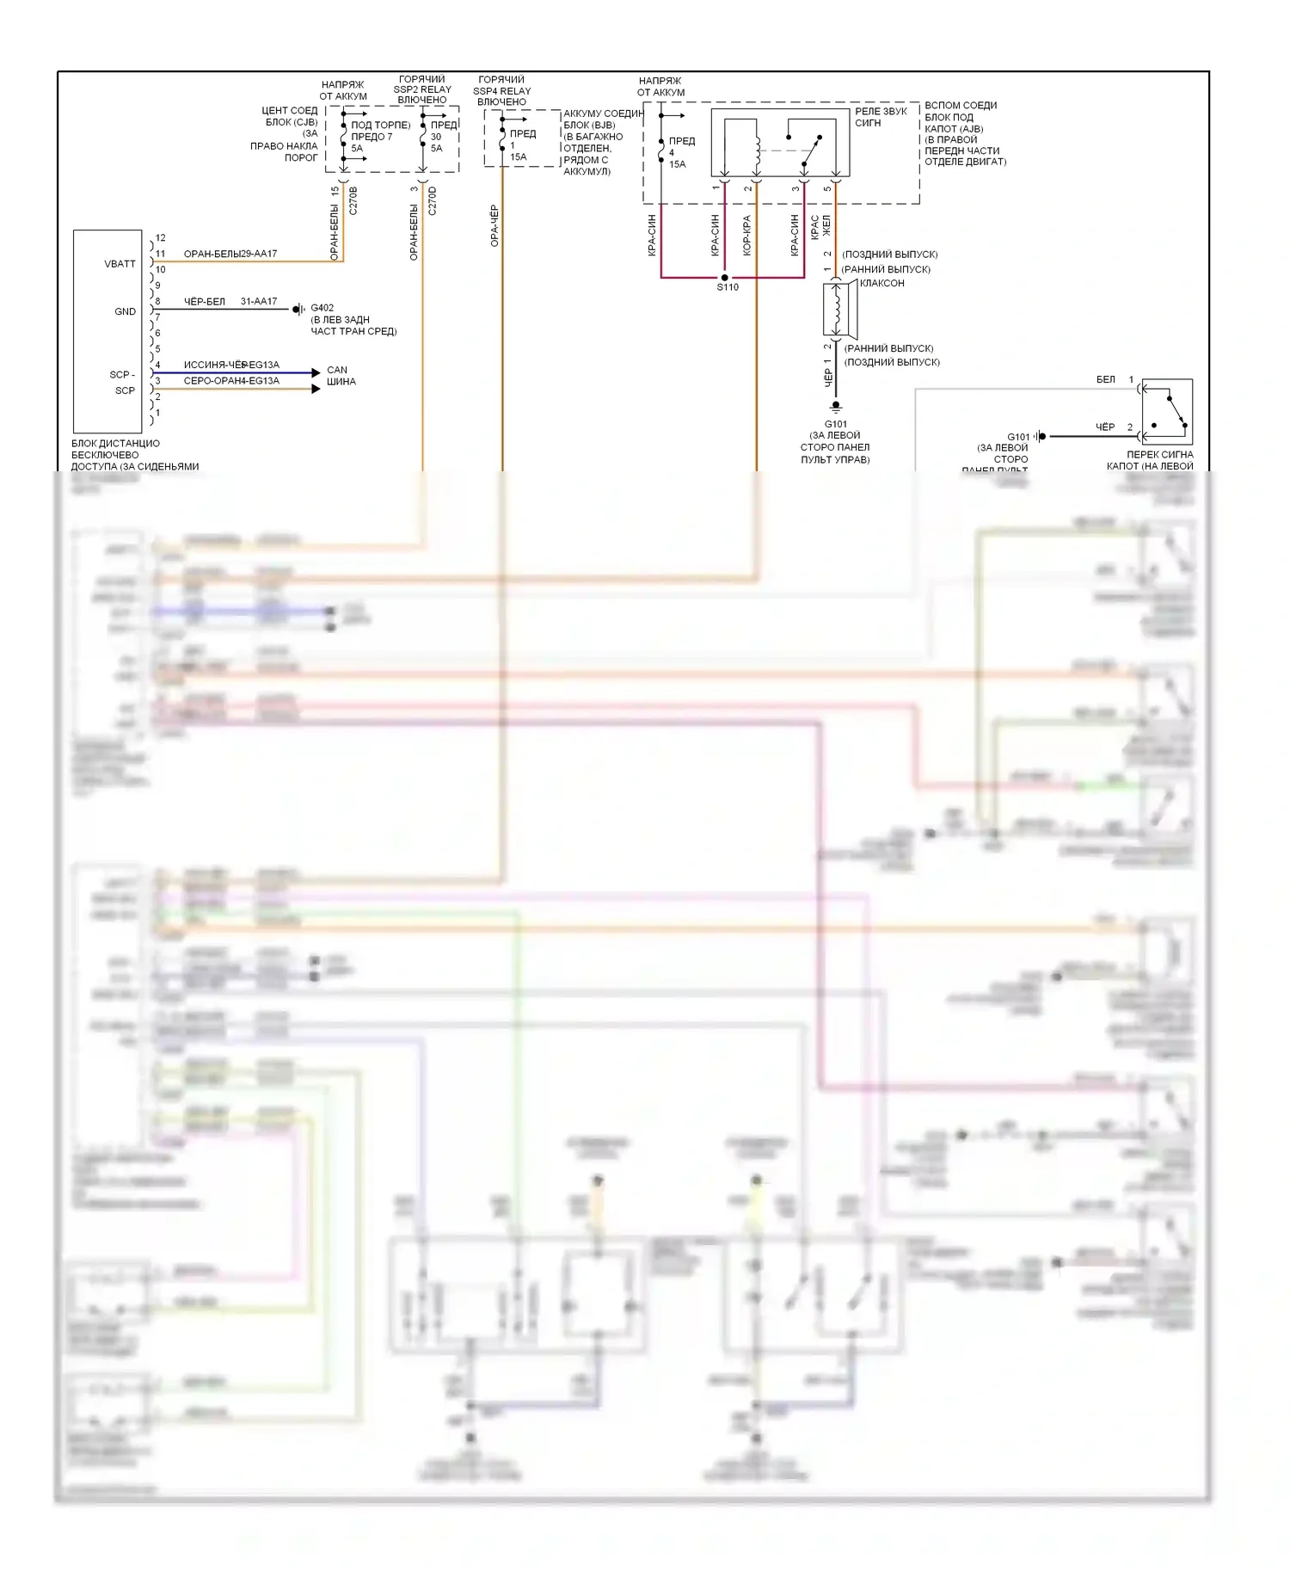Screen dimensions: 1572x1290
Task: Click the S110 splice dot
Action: (x=724, y=278)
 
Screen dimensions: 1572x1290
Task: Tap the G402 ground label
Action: (x=322, y=308)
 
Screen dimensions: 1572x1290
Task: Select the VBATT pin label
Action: (x=120, y=264)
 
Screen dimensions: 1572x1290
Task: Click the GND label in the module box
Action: (x=125, y=311)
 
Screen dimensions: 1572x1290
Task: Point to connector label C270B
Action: (x=353, y=200)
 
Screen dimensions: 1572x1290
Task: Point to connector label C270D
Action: (x=432, y=200)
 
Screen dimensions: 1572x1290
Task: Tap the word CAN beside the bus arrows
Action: (x=337, y=370)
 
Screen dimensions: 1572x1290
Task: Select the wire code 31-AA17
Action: (x=259, y=302)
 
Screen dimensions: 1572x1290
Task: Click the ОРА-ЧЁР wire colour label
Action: (x=494, y=225)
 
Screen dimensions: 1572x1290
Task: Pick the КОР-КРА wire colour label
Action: (x=746, y=235)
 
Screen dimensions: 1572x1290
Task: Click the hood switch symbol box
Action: (x=1167, y=412)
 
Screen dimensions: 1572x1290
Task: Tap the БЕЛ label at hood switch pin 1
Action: (x=1105, y=379)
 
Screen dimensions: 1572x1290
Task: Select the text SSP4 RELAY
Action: (x=501, y=91)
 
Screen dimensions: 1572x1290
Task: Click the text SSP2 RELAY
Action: (x=422, y=89)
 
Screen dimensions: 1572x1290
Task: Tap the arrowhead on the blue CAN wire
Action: (x=315, y=373)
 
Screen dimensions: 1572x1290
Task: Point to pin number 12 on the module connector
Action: (x=161, y=238)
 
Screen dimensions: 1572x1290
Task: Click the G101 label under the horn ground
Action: (x=836, y=424)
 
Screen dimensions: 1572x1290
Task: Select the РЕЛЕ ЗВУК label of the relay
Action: (x=881, y=112)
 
